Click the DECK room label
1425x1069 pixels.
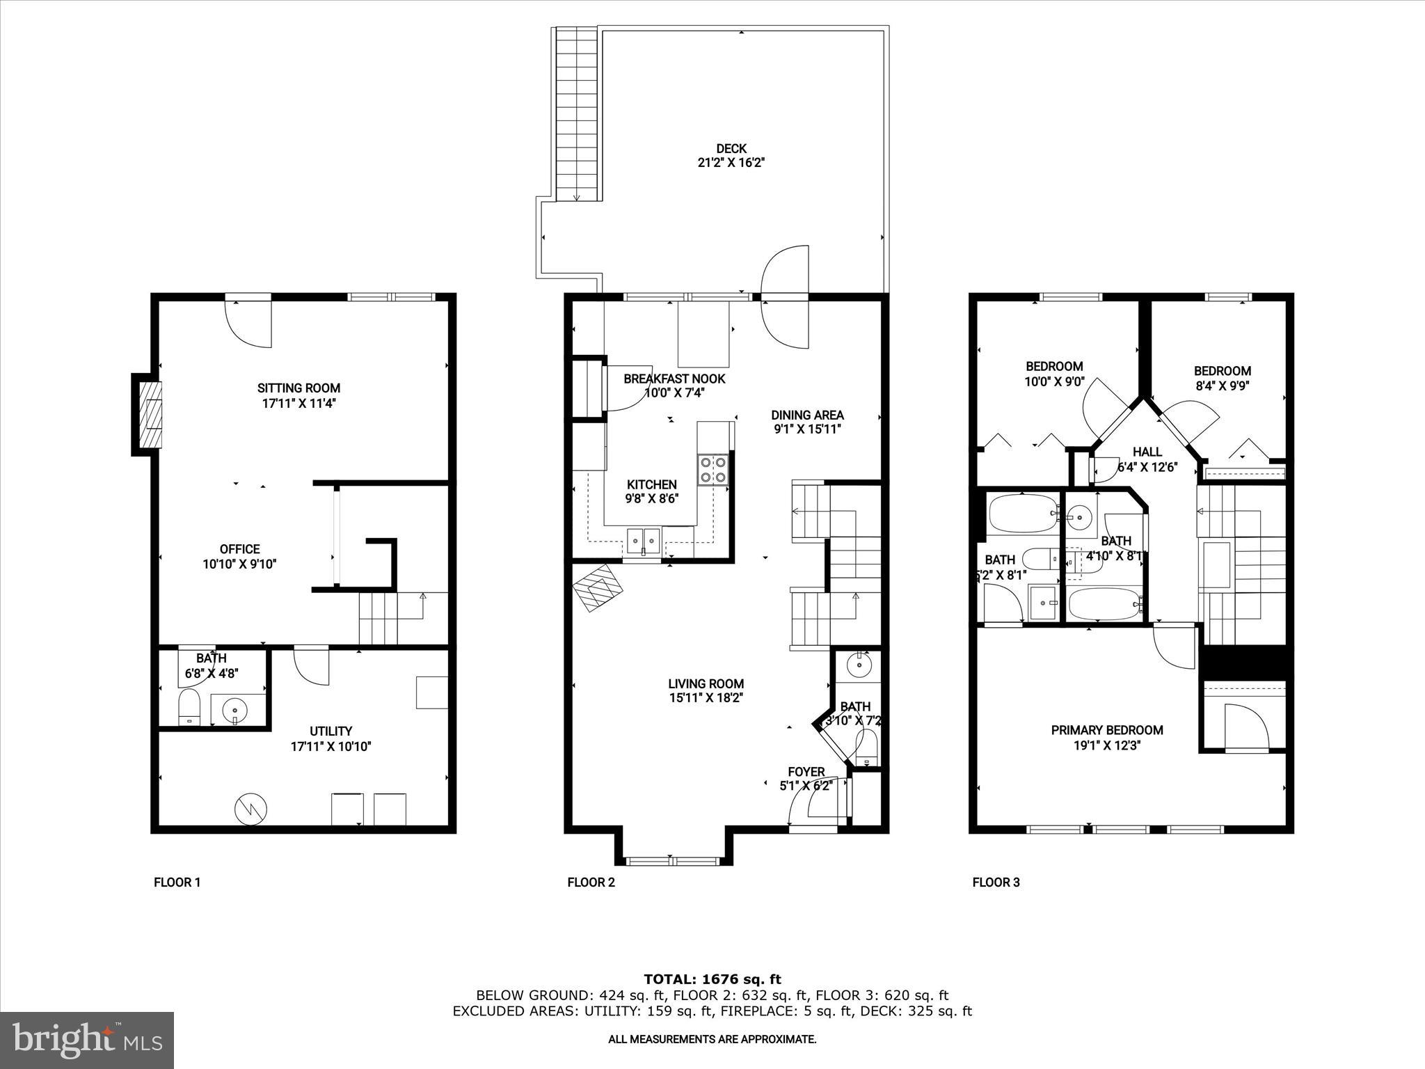[x=731, y=148]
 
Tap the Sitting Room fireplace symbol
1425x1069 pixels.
[x=149, y=415]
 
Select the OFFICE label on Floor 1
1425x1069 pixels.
[x=239, y=549]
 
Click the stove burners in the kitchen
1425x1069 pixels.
[x=712, y=468]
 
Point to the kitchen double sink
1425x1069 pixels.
[x=643, y=539]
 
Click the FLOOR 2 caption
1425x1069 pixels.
[x=591, y=882]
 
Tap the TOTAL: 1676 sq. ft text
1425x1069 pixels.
[x=712, y=979]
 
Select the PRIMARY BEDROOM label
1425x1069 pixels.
[x=1106, y=730]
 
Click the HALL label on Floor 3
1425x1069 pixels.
[x=1147, y=452]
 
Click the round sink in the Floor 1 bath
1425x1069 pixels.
[x=235, y=711]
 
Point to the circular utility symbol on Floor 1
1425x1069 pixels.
[x=250, y=808]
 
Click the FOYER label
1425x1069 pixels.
[x=806, y=772]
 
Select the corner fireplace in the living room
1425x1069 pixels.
[x=598, y=587]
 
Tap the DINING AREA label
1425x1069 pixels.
[x=807, y=415]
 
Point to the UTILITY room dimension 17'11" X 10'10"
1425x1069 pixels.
[x=331, y=746]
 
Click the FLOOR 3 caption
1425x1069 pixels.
[x=996, y=882]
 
